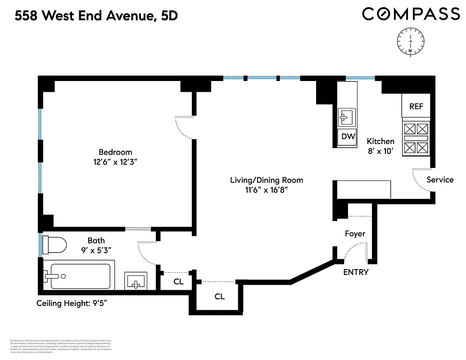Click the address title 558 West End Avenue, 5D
tap(96, 16)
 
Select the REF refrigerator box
tap(416, 106)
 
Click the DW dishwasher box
tap(348, 136)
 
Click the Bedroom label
tap(115, 152)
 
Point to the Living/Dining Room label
tap(267, 180)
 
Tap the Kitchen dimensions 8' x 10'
tap(380, 151)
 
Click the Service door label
tap(440, 180)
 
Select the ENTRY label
tap(356, 272)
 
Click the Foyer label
tap(355, 234)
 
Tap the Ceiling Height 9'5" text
tap(72, 303)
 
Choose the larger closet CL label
tap(219, 297)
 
